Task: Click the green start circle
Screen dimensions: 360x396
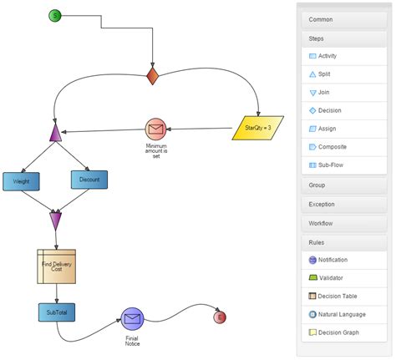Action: coord(55,15)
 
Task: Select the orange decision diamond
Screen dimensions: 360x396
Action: coord(152,76)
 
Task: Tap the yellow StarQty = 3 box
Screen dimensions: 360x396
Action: coord(258,128)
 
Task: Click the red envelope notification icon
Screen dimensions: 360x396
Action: coord(156,129)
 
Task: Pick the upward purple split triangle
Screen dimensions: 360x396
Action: coord(55,132)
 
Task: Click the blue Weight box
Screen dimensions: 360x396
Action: coord(22,180)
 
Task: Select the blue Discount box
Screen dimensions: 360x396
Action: coord(89,179)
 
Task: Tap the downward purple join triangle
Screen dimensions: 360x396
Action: coord(55,221)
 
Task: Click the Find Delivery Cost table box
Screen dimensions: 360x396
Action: coord(56,266)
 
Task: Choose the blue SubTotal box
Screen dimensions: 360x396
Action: coord(56,312)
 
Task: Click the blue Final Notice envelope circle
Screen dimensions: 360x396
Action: coord(132,319)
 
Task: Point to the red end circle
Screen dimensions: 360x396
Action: coord(220,317)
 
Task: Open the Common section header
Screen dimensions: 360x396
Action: coord(343,19)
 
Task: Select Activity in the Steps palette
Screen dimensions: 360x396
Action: coord(343,56)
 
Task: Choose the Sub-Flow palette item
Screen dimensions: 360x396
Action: coord(343,165)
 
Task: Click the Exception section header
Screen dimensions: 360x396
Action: coord(343,204)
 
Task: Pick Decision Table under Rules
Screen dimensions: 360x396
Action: coord(343,296)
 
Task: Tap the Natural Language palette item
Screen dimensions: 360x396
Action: coord(343,314)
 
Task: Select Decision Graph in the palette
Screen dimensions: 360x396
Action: coord(343,332)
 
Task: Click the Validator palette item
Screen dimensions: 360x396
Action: coord(343,277)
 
